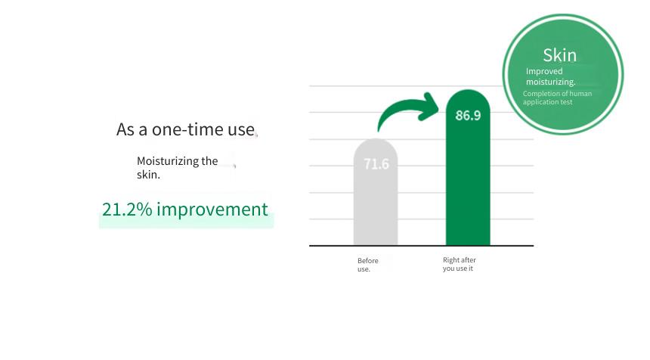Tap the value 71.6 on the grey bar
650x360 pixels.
click(x=376, y=164)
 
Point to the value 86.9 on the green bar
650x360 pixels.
click(x=468, y=115)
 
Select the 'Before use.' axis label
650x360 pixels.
click(x=367, y=265)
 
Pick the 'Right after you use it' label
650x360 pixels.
click(x=460, y=264)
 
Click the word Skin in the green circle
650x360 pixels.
click(x=559, y=55)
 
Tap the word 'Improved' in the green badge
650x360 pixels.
click(x=544, y=71)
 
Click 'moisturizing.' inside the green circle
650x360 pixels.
click(x=550, y=82)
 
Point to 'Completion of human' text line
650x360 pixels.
click(x=557, y=94)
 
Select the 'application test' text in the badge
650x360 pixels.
click(x=547, y=102)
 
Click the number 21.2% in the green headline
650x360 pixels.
click(x=127, y=209)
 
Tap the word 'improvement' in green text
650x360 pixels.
click(x=212, y=209)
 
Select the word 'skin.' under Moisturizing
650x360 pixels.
click(x=148, y=175)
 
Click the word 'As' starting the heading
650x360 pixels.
click(x=125, y=129)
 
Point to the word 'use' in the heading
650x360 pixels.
click(x=241, y=130)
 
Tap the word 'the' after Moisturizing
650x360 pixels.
click(x=209, y=161)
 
